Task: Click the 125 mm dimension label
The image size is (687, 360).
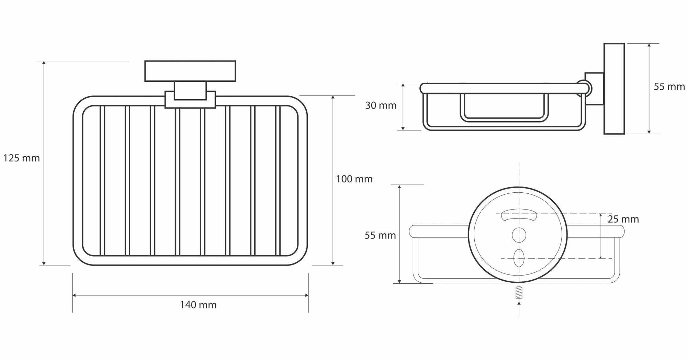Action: click(x=21, y=158)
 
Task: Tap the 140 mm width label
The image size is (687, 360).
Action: click(x=198, y=305)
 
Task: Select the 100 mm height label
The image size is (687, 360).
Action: click(x=354, y=179)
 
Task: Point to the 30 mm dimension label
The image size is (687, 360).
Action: click(x=381, y=105)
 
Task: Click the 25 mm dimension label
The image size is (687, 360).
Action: click(x=623, y=219)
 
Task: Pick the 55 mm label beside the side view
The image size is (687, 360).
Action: click(x=669, y=87)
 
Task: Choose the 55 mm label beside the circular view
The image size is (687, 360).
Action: click(x=380, y=236)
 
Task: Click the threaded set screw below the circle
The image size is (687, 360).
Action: click(x=519, y=292)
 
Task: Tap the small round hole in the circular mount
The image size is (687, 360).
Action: click(x=519, y=235)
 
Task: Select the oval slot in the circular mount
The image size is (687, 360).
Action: click(x=519, y=258)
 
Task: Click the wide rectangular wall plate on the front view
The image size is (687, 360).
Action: click(x=190, y=71)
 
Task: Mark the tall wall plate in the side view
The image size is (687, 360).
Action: click(x=614, y=89)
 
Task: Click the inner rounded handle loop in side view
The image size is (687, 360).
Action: click(x=504, y=108)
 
